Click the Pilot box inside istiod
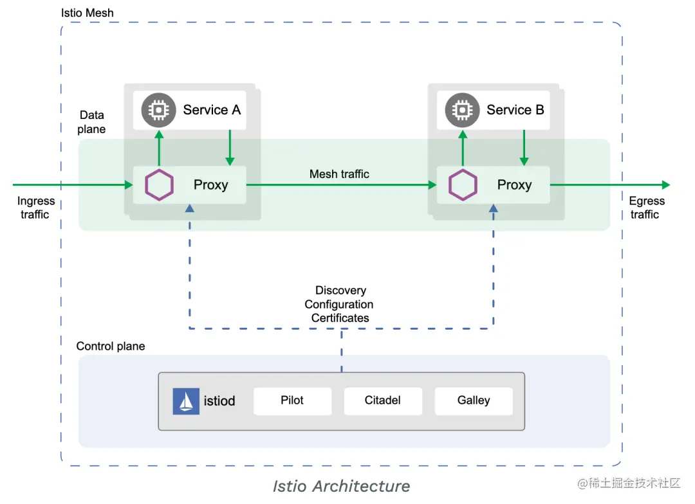pyautogui.click(x=293, y=401)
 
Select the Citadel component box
pyautogui.click(x=383, y=401)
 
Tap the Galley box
pyautogui.click(x=474, y=401)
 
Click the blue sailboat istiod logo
pyautogui.click(x=186, y=401)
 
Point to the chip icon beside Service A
pyautogui.click(x=159, y=110)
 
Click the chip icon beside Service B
pyautogui.click(x=462, y=110)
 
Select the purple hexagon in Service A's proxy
pyautogui.click(x=159, y=185)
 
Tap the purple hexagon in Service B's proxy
pyautogui.click(x=463, y=185)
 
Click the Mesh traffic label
pyautogui.click(x=339, y=174)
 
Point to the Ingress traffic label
pyautogui.click(x=36, y=208)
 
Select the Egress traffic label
pyautogui.click(x=647, y=208)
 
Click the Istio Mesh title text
pyautogui.click(x=88, y=13)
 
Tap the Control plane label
pyautogui.click(x=111, y=346)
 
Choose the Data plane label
pyautogui.click(x=92, y=122)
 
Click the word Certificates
pyautogui.click(x=340, y=318)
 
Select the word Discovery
pyautogui.click(x=341, y=290)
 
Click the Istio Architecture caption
pyautogui.click(x=341, y=486)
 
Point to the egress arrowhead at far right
pyautogui.click(x=666, y=184)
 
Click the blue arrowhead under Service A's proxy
pyautogui.click(x=190, y=208)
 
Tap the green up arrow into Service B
pyautogui.click(x=463, y=148)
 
